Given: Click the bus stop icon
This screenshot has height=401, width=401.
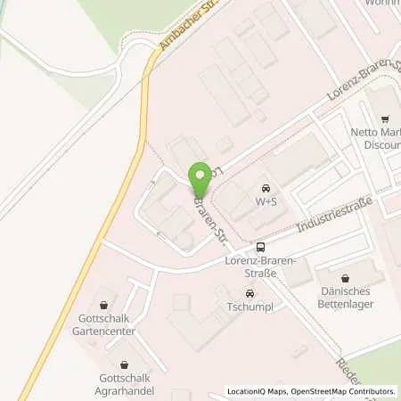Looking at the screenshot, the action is tap(260, 248).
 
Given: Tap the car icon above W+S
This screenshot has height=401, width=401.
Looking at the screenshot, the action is tap(266, 189).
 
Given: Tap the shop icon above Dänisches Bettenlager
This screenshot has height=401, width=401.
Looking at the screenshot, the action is tap(348, 278).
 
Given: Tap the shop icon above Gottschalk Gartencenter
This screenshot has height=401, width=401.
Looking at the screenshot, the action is tap(104, 305).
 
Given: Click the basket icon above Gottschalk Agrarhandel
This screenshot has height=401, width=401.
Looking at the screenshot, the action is tap(122, 364).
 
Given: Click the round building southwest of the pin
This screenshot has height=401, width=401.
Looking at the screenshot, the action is tap(183, 241).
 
